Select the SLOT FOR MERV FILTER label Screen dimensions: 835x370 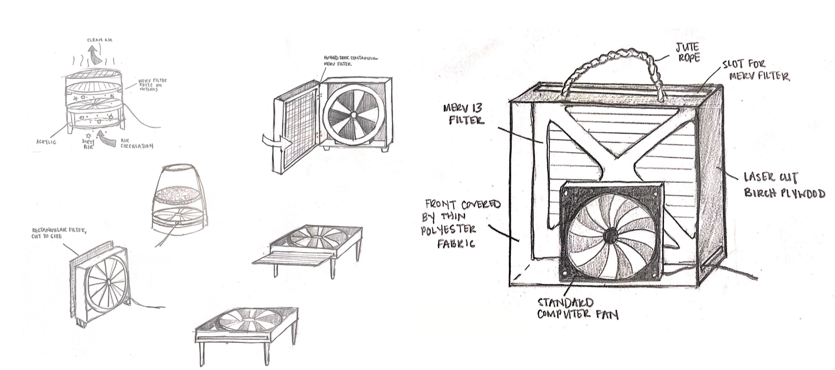coord(756,70)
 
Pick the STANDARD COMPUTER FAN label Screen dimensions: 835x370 coord(578,308)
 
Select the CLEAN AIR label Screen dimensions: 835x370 coord(100,40)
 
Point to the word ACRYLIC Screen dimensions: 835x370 coord(46,142)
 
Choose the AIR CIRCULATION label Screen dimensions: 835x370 coord(136,143)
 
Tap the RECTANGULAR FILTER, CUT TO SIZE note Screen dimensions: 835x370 coord(59,233)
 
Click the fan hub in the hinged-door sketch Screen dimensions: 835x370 coord(353,115)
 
